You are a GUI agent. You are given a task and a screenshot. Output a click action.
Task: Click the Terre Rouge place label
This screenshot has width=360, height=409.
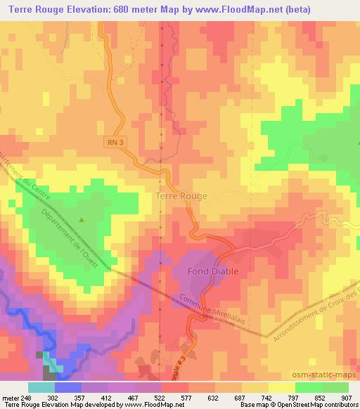pyautogui.click(x=180, y=196)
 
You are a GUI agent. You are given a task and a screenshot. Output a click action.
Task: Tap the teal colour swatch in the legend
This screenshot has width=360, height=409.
pyautogui.click(x=41, y=387)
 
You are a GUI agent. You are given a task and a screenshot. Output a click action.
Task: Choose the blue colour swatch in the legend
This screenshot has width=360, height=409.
pyautogui.click(x=67, y=387)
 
